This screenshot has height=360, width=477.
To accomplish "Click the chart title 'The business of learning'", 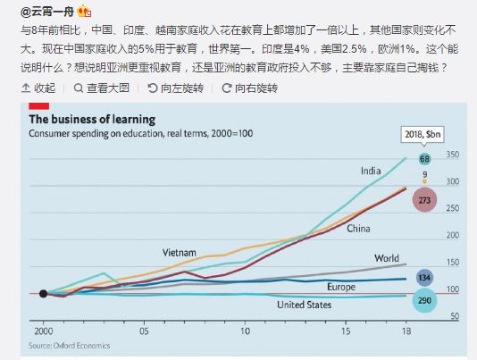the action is click(x=92, y=120).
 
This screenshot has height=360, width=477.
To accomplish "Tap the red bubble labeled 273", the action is click(x=424, y=200).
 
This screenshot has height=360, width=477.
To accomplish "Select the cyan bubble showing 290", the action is click(x=424, y=300).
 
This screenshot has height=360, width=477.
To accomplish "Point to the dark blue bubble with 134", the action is click(x=424, y=278).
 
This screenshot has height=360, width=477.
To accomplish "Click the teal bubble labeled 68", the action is click(x=424, y=159).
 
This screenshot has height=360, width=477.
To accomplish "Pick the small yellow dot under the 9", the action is click(x=424, y=181).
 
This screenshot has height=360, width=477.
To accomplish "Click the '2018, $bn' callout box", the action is click(x=423, y=134).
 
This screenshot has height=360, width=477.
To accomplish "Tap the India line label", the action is click(x=371, y=171).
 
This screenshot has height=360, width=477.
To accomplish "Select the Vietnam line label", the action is click(x=180, y=253).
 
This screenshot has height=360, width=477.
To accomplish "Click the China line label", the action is click(x=358, y=229).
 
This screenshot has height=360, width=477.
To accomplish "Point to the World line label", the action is click(x=387, y=258).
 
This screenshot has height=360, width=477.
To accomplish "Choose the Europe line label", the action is click(x=341, y=287).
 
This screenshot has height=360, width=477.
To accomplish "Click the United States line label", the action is click(x=304, y=305).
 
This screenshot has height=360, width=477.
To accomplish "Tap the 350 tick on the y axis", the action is click(x=453, y=155).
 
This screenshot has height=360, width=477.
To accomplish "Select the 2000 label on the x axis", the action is click(x=43, y=331).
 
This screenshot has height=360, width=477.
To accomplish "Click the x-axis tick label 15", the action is click(x=346, y=331).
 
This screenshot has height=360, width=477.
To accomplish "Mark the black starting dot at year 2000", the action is click(x=43, y=294).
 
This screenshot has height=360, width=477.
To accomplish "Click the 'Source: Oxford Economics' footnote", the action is click(x=70, y=346).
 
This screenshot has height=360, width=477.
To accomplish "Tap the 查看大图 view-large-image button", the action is click(x=102, y=88).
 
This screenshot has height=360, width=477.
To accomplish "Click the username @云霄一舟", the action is click(x=47, y=12).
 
